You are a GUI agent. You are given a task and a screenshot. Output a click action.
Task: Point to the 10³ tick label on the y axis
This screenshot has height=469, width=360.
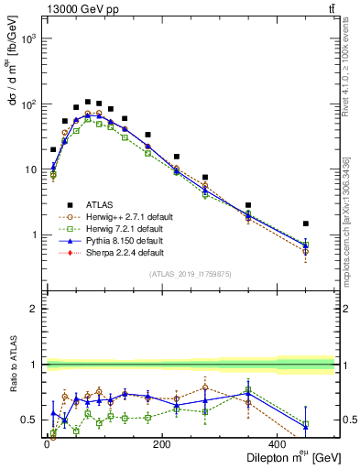coord(28,39)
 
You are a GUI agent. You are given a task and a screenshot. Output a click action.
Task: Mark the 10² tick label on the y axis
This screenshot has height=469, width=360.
coord(28,104)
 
